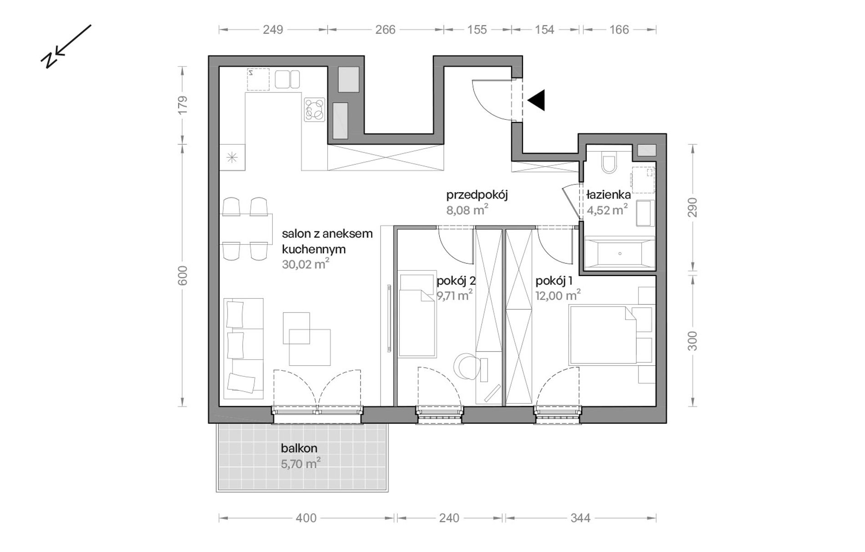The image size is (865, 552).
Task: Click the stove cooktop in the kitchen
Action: point(315,110)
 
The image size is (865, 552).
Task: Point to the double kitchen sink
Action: point(287,79)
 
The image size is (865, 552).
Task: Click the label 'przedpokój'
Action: point(477,195)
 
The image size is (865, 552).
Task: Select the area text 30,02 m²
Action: point(305,264)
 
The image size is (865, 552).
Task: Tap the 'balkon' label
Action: point(299,448)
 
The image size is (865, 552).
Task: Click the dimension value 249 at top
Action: point(273,30)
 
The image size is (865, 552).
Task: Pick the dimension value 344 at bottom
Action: point(580,518)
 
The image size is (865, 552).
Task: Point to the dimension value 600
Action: point(182,276)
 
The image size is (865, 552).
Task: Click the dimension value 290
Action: point(692,208)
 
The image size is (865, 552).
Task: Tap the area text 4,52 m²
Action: point(607,210)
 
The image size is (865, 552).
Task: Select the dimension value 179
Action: point(182,105)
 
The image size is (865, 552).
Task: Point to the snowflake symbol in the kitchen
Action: point(232,158)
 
